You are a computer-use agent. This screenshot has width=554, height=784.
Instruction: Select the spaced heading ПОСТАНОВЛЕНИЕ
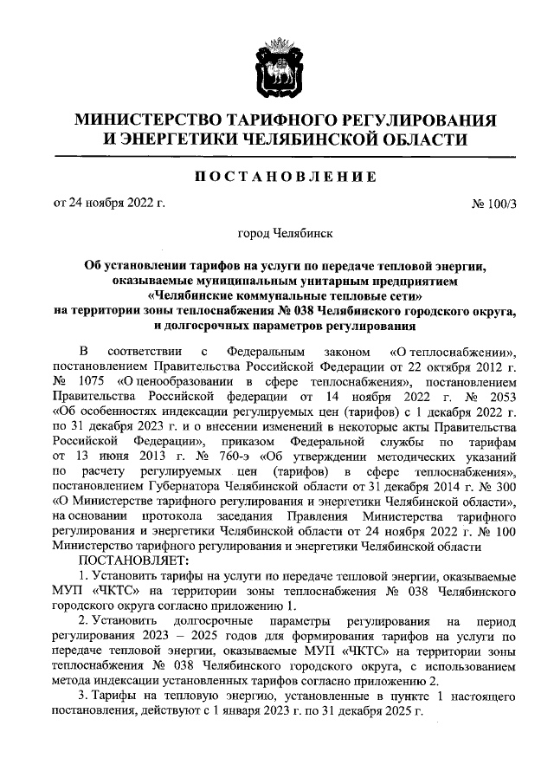tap(276, 177)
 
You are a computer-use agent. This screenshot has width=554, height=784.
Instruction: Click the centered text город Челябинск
tap(277, 233)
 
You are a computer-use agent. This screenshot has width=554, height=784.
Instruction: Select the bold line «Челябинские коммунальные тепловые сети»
tap(277, 295)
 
